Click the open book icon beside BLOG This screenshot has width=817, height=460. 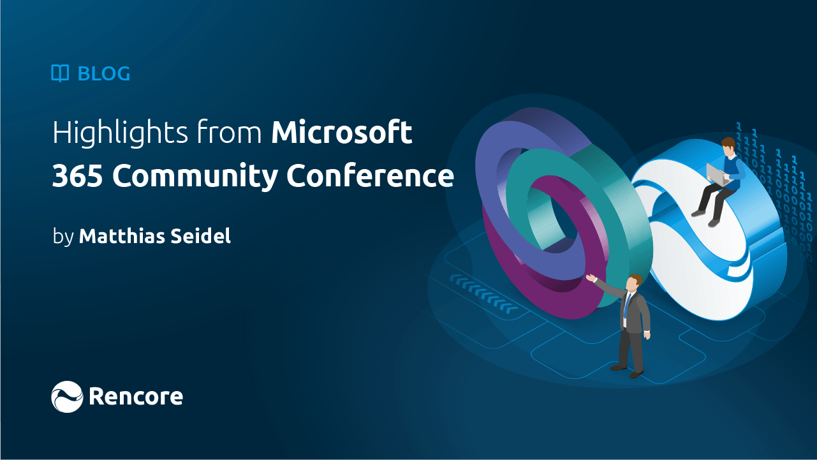60,74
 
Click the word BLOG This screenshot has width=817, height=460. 104,74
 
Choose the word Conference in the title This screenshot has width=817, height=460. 370,177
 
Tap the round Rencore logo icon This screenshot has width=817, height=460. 67,397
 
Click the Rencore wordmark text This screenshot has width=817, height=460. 136,397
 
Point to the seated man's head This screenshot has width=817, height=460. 728,145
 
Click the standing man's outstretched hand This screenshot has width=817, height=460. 591,278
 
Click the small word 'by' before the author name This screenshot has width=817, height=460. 63,237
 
